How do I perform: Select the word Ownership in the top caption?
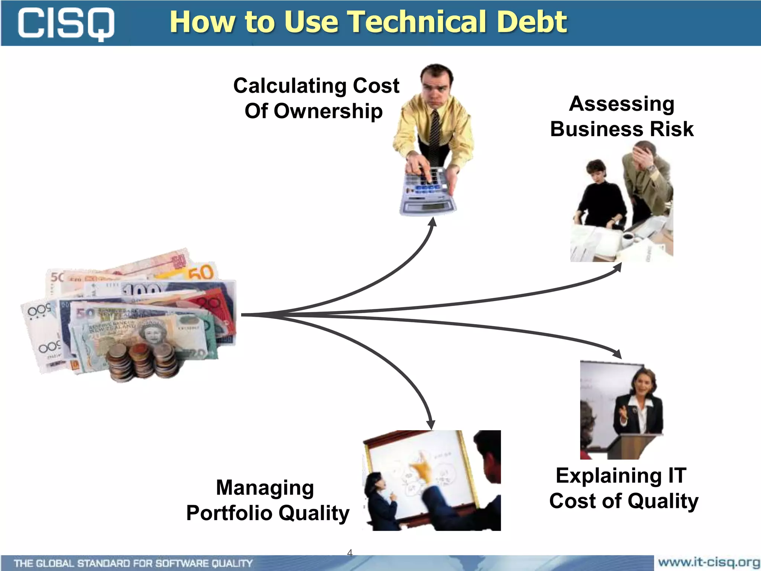pos(328,111)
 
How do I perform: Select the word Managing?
pos(265,487)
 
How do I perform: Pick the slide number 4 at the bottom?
pos(349,553)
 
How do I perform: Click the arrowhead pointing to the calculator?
pos(433,222)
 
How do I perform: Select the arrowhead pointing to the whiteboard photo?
pos(431,424)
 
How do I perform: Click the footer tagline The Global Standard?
pos(133,563)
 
